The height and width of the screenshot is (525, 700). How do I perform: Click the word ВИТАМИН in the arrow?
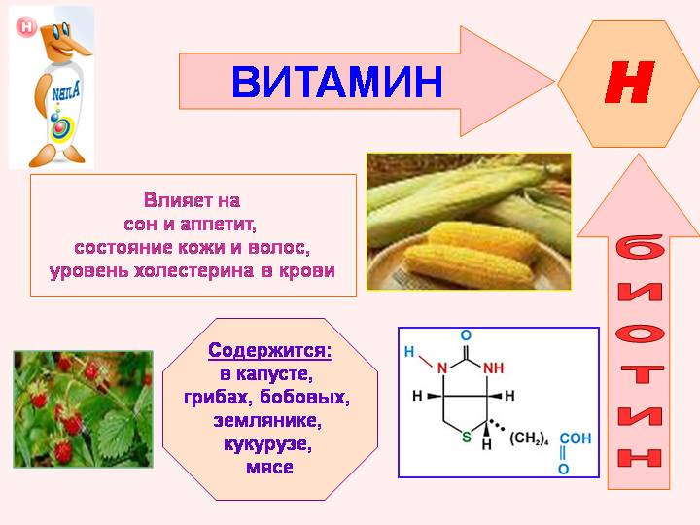pyautogui.click(x=337, y=82)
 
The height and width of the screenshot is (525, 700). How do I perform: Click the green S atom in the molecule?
pyautogui.click(x=466, y=437)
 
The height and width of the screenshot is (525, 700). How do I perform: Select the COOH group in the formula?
pyautogui.click(x=575, y=438)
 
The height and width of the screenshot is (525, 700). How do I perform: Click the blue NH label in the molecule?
pyautogui.click(x=494, y=368)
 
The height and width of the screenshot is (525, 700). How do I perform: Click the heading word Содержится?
pyautogui.click(x=269, y=349)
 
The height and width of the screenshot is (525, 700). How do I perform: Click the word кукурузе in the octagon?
pyautogui.click(x=267, y=444)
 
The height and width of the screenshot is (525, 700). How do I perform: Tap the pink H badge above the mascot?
pyautogui.click(x=26, y=26)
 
